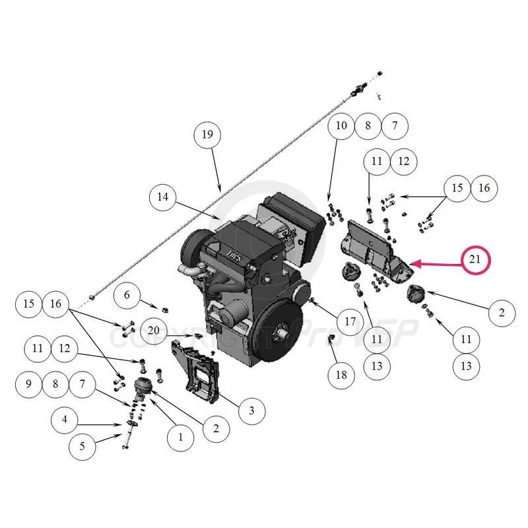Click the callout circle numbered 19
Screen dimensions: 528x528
[207, 135]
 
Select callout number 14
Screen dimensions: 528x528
[162, 196]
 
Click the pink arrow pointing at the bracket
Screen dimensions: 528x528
[436, 263]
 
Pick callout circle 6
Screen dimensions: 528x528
[127, 295]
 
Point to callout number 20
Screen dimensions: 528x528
[154, 330]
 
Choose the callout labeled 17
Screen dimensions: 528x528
[350, 321]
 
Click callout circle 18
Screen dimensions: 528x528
[341, 375]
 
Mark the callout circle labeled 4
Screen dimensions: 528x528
[64, 419]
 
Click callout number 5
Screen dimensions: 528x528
[82, 447]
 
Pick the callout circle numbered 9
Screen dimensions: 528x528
[29, 383]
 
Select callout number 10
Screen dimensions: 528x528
[341, 125]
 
